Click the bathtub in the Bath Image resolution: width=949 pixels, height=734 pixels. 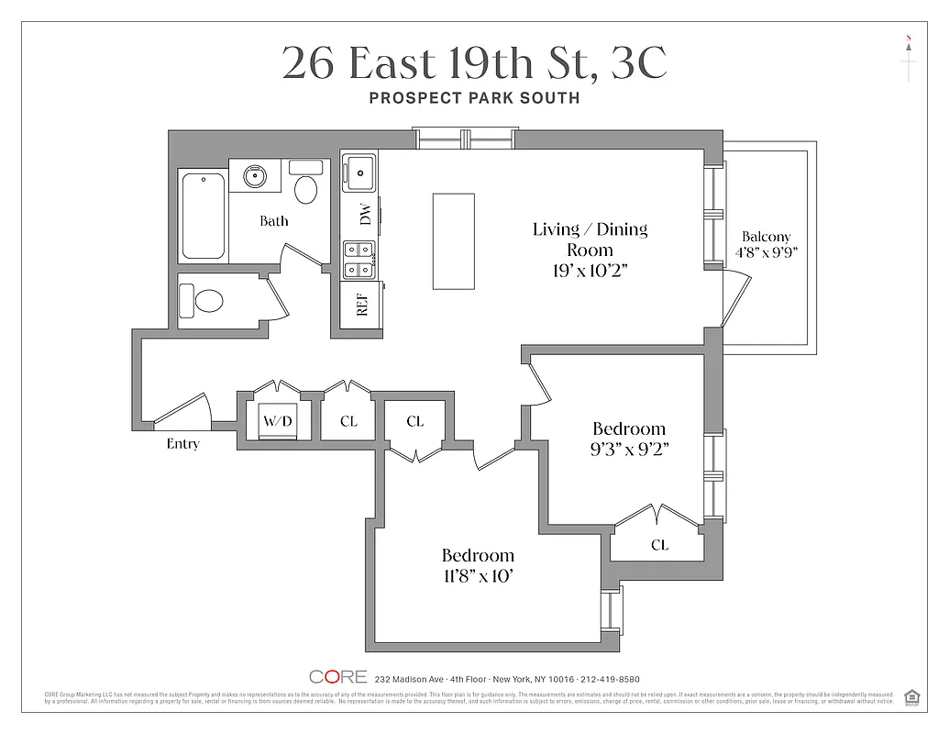[x=203, y=217]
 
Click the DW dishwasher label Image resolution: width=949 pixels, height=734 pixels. [x=365, y=215]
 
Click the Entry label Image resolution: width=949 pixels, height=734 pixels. [x=183, y=444]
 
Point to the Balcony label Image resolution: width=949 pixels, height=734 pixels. [x=766, y=236]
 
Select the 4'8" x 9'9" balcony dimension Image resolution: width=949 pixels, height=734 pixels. [x=767, y=252]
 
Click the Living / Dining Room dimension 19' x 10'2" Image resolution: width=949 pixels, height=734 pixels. [x=590, y=271]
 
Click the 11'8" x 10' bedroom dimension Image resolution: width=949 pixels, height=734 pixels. [x=478, y=575]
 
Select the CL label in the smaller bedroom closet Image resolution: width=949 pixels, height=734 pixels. [x=659, y=545]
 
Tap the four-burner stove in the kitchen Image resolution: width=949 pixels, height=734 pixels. [x=357, y=259]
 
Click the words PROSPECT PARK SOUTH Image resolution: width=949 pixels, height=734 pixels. [x=474, y=98]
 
